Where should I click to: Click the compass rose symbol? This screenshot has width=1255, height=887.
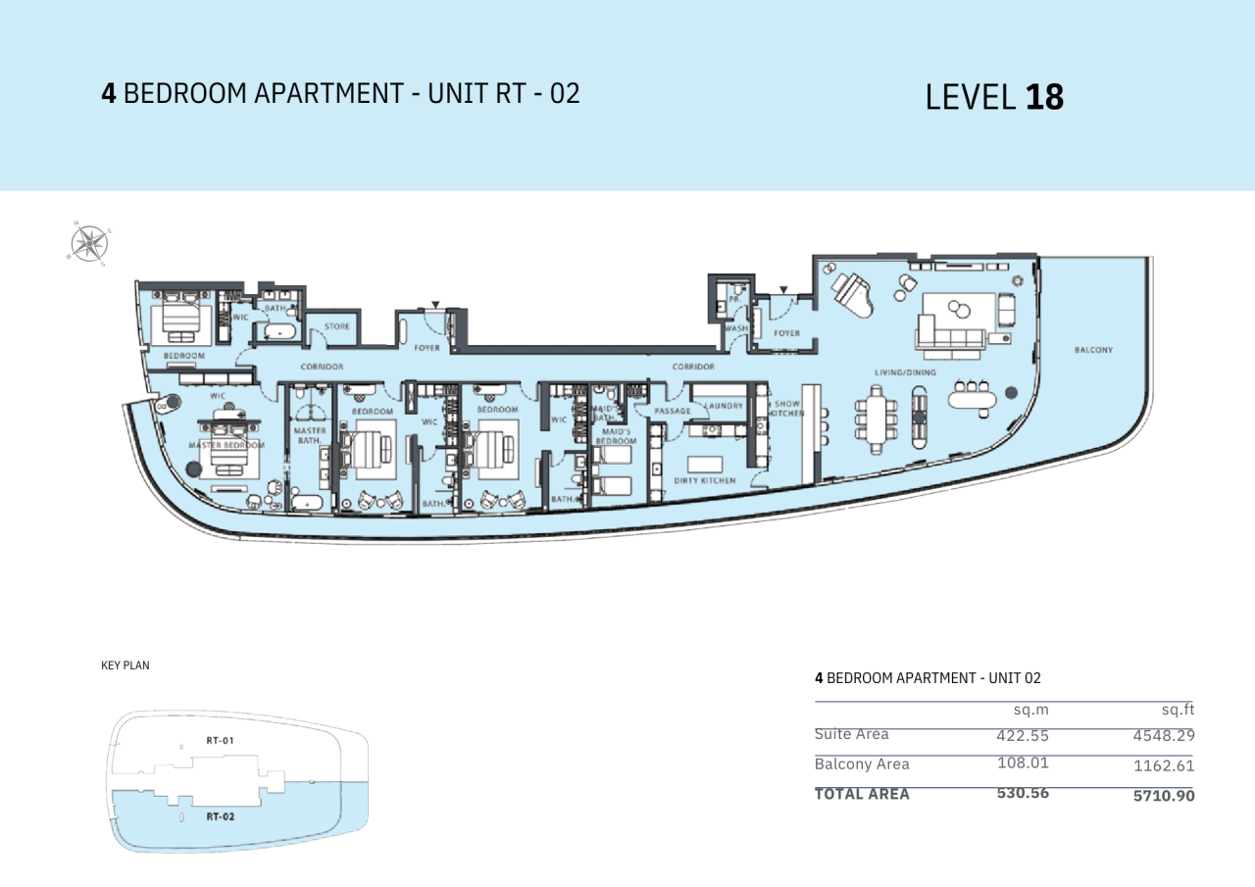coord(89,243)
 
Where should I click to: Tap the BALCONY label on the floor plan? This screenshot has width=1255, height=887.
coord(1093,350)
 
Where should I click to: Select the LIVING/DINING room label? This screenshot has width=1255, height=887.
coord(905,372)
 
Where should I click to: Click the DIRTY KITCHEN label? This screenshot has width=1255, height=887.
coord(704,481)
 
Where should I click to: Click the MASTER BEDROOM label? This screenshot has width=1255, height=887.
coord(226,445)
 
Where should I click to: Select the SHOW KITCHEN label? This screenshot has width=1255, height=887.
coord(787,408)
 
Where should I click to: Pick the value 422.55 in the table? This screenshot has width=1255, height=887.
coord(1023,735)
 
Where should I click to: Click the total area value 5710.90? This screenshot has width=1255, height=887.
coord(1164,795)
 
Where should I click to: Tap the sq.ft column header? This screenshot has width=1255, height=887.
coord(1178,709)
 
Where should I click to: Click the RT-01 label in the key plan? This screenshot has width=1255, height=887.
coord(220,741)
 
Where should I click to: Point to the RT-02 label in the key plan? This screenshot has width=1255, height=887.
coord(220,815)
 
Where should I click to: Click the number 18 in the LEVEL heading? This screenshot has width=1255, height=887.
coord(1044,97)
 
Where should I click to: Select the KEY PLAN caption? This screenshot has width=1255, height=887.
coord(125,665)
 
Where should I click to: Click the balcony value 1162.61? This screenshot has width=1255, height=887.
coord(1164,765)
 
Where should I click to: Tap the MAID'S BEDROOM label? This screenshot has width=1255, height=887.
coord(616,436)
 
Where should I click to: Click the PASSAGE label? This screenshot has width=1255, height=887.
coord(673,411)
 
